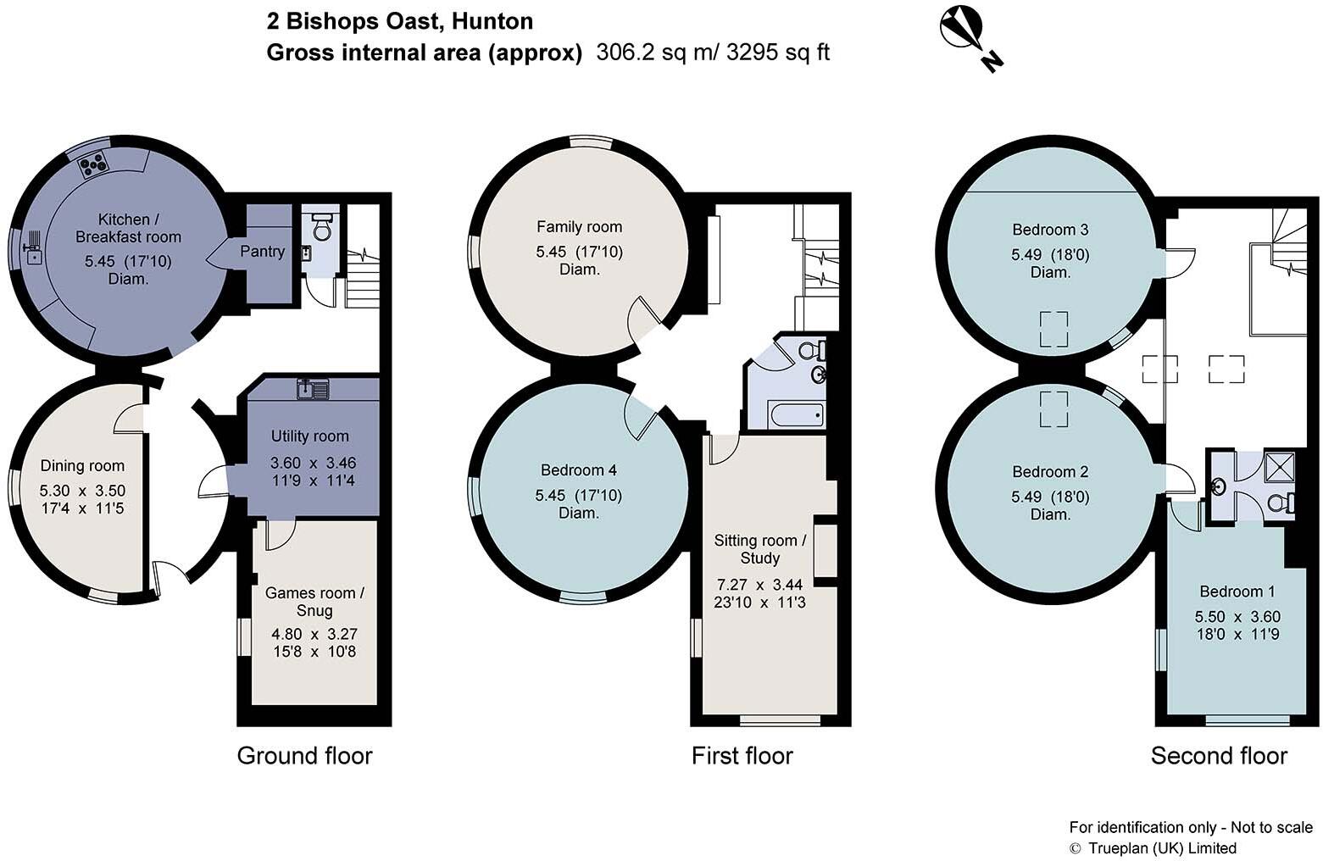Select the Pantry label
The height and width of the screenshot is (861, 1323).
point(262,252)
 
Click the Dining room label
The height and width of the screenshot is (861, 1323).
point(82,465)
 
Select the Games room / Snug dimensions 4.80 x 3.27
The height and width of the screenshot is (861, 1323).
point(314,634)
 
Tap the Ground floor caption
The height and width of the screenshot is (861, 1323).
point(304,755)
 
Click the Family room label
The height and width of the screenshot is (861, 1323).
point(579,226)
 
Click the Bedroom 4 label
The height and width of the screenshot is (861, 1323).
point(579,470)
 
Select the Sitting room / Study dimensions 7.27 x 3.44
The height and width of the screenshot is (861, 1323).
point(759,584)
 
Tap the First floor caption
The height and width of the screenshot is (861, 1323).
point(742,755)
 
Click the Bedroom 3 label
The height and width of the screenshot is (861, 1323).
point(1050,230)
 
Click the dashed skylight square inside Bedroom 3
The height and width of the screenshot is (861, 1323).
point(1053,330)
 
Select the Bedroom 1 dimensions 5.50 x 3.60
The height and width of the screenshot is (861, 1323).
point(1237,616)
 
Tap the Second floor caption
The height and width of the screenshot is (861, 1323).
point(1219,755)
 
